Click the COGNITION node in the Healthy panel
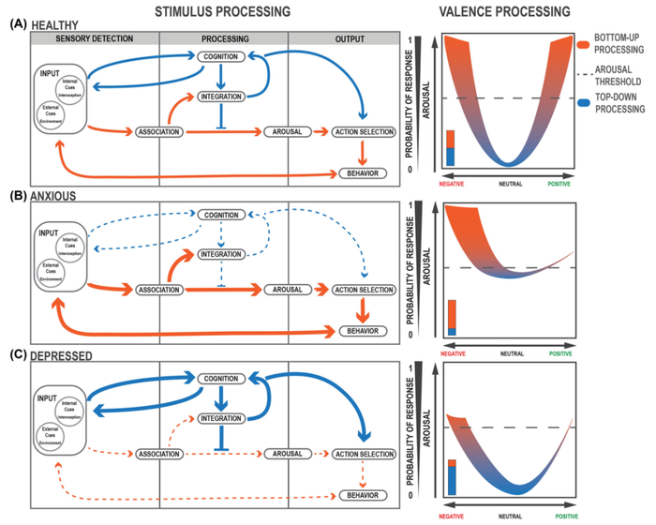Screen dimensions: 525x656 [223, 57]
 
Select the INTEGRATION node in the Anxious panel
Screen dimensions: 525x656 [223, 254]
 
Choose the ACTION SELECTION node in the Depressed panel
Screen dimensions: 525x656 [363, 453]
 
